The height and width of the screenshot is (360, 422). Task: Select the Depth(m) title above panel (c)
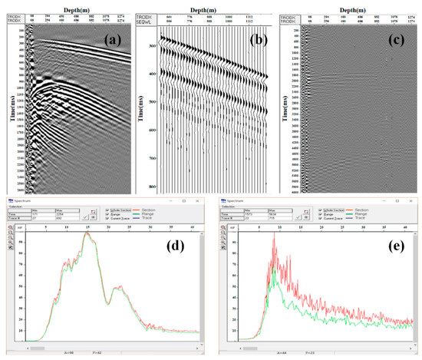coord(356,4)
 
